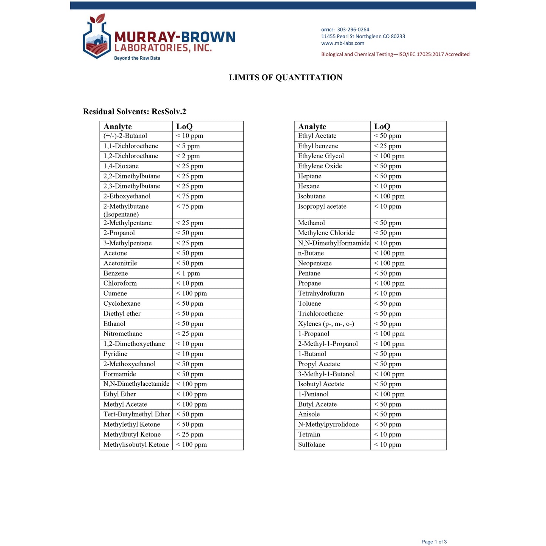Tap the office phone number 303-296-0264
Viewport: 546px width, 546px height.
pos(353,29)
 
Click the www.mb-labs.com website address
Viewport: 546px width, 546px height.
pos(343,43)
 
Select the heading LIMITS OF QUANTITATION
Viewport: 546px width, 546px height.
pos(285,77)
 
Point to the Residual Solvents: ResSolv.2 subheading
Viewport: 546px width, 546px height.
pos(135,111)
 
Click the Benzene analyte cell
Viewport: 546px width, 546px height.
pos(116,273)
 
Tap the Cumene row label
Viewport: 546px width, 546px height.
pos(115,293)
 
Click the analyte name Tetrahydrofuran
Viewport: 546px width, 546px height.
pos(321,293)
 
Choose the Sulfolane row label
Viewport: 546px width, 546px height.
pos(311,445)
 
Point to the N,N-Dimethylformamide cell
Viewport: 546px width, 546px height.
pos(334,243)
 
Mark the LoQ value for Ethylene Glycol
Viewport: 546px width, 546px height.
pos(389,156)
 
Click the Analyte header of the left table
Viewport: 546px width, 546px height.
pos(118,127)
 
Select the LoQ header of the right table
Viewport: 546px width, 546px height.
pos(382,127)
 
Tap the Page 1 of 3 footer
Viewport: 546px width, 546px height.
pos(434,542)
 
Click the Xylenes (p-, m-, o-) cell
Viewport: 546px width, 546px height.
pos(326,324)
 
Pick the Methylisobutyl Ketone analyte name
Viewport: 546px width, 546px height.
pos(136,445)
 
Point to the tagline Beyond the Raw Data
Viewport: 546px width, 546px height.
pos(137,58)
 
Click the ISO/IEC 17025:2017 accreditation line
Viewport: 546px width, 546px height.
pos(395,54)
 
